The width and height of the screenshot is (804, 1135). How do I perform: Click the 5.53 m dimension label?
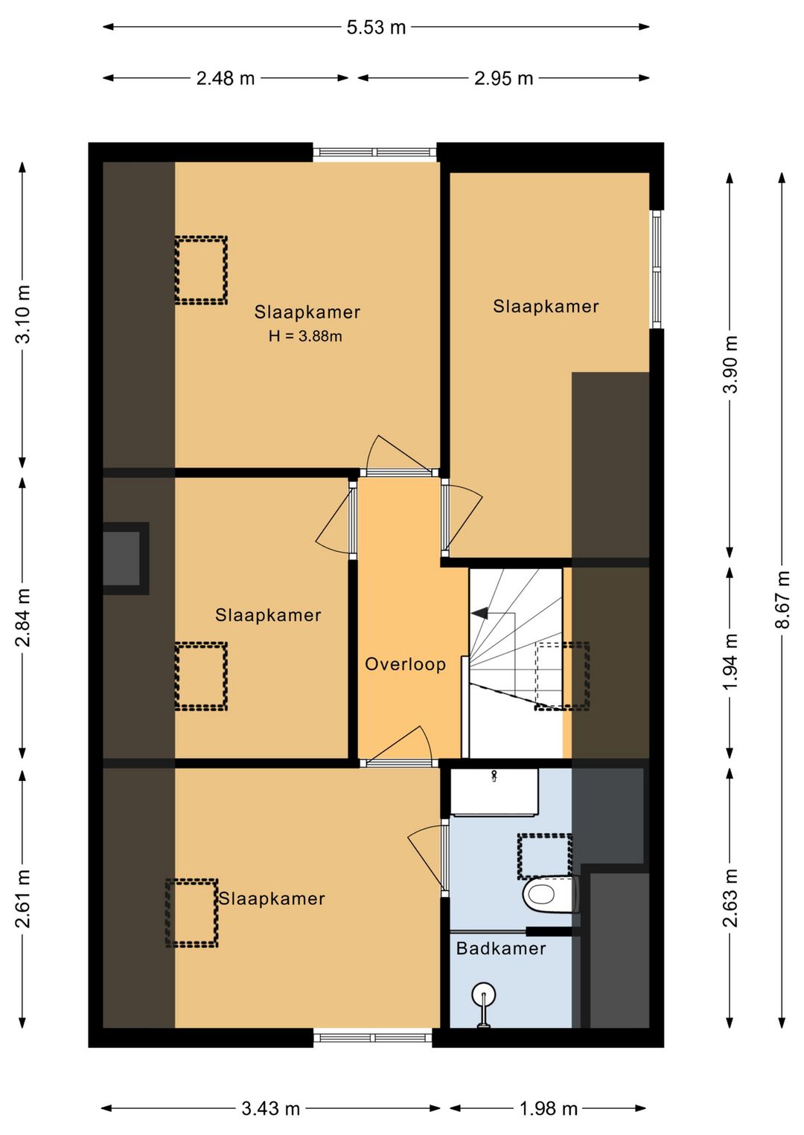[x=376, y=28]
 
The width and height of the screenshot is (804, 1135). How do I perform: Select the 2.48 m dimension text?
[x=226, y=79]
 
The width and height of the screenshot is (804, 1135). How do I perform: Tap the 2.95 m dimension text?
[x=503, y=79]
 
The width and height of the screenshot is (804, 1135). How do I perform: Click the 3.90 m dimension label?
[x=730, y=364]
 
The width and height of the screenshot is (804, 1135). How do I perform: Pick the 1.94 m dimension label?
[x=730, y=661]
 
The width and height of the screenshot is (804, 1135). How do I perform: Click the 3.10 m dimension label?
[x=23, y=314]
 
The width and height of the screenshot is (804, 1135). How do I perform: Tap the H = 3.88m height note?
[x=305, y=336]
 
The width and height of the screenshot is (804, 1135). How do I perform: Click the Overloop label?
[x=405, y=664]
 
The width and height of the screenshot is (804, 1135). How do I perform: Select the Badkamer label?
[x=501, y=948]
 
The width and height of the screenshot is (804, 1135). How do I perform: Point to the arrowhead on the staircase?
[x=479, y=614]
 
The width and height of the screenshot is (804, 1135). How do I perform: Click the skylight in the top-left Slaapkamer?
[x=201, y=270]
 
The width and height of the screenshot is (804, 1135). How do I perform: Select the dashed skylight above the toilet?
[x=545, y=856]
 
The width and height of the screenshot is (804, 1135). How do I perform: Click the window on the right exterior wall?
[x=657, y=269]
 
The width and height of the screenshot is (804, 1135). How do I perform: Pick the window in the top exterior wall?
[x=375, y=152]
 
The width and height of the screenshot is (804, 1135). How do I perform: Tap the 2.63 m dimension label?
[x=730, y=897]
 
